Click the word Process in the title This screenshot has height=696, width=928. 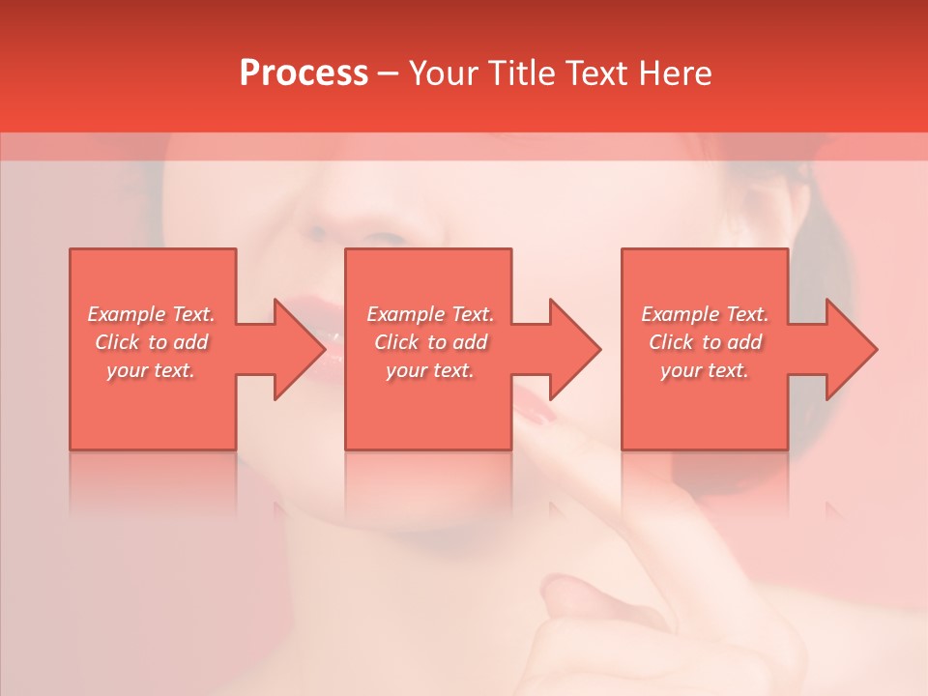[304, 73]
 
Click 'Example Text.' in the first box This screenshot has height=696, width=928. [152, 314]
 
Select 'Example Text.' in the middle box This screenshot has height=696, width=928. [430, 314]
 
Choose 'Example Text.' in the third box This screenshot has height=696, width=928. [705, 314]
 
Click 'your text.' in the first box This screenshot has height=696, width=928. [152, 370]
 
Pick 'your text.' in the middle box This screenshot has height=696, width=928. [430, 370]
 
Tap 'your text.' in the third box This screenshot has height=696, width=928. [705, 370]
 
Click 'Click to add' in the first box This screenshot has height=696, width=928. [152, 342]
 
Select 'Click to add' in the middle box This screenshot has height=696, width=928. [430, 342]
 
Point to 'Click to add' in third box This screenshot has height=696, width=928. [705, 342]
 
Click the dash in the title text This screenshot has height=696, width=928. [389, 74]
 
